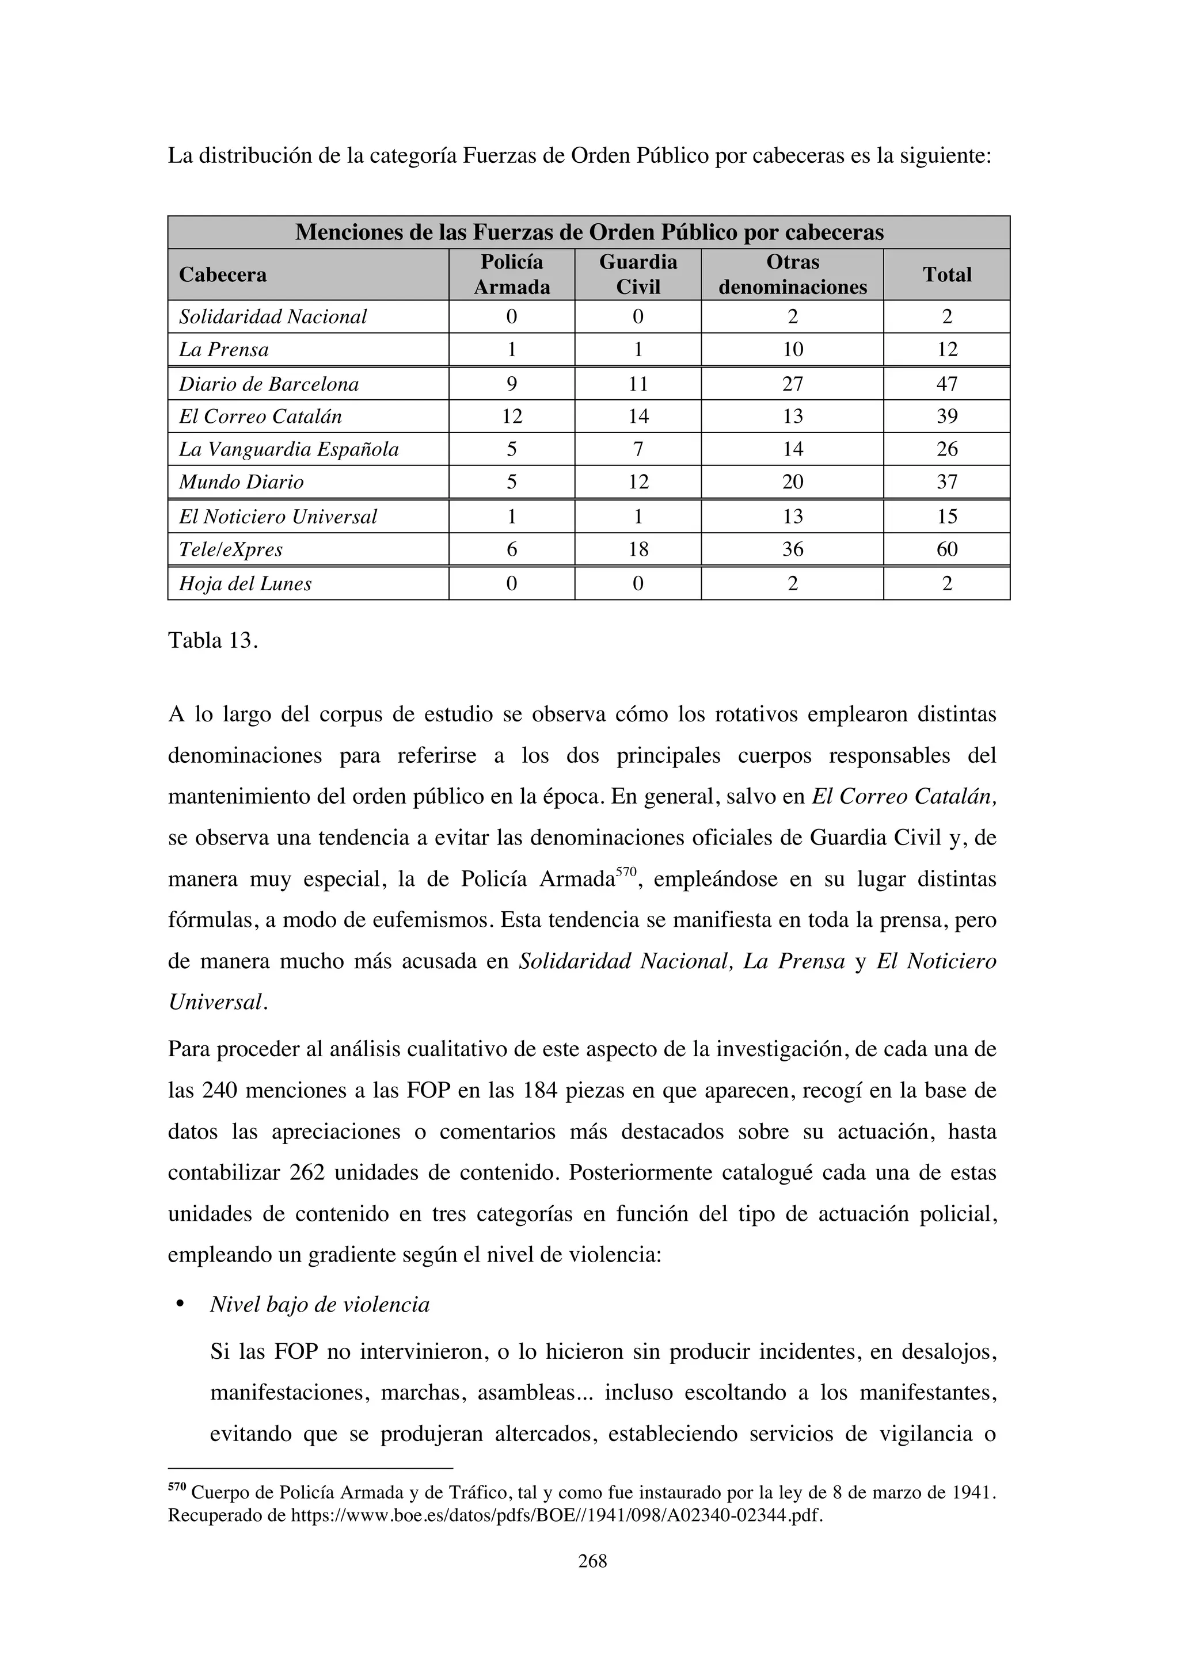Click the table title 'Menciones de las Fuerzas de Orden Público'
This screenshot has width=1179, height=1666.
point(589,232)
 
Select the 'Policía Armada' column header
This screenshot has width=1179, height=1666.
point(511,274)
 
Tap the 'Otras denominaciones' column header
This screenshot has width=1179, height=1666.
point(792,274)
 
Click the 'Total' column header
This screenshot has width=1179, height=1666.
point(946,274)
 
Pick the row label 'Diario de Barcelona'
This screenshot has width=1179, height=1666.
point(269,384)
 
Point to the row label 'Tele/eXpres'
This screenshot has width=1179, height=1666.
point(231,549)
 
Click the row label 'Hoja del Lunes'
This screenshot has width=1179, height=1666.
point(245,584)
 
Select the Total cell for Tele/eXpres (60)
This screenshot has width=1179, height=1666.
point(946,549)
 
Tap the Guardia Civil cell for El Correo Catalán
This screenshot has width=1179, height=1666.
point(637,416)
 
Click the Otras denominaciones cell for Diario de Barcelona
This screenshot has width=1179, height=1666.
point(792,384)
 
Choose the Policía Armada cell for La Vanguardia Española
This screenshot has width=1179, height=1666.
point(511,449)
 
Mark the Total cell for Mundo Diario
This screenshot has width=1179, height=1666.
point(946,482)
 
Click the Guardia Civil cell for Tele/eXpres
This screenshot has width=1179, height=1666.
point(637,549)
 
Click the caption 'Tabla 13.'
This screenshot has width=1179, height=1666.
point(212,641)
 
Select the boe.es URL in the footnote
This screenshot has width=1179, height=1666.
point(556,1516)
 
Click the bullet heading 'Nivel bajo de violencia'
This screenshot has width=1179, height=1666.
point(320,1305)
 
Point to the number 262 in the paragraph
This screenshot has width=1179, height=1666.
point(306,1174)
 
